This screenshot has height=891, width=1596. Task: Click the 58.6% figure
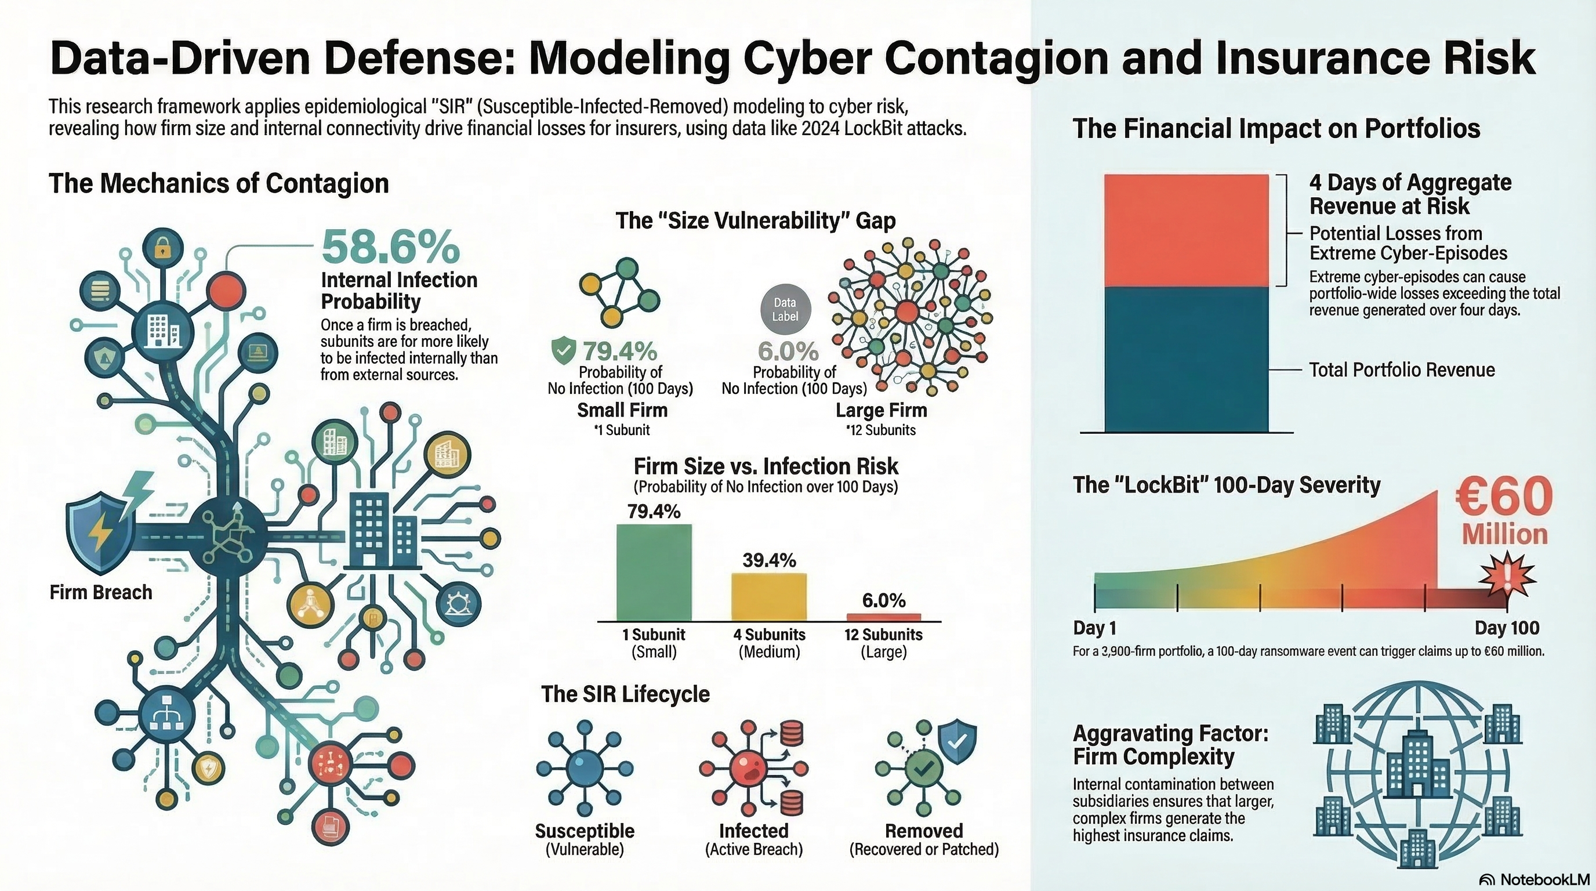click(x=390, y=247)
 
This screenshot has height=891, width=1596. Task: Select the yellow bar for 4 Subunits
click(x=769, y=596)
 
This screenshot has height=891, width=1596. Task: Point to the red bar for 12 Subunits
click(x=883, y=617)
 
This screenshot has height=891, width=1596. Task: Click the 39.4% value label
click(x=769, y=560)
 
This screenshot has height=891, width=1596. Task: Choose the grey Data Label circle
click(x=785, y=309)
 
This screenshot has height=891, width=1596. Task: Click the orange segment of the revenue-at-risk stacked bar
click(x=1186, y=230)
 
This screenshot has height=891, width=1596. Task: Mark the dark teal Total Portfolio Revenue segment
click(x=1186, y=360)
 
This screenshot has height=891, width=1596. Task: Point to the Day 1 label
click(x=1094, y=628)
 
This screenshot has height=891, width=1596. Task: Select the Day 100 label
click(x=1507, y=628)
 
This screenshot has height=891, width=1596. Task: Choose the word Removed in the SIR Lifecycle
click(x=924, y=831)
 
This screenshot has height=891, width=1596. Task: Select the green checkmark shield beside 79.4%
click(x=563, y=351)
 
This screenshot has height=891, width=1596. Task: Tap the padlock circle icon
click(x=162, y=249)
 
